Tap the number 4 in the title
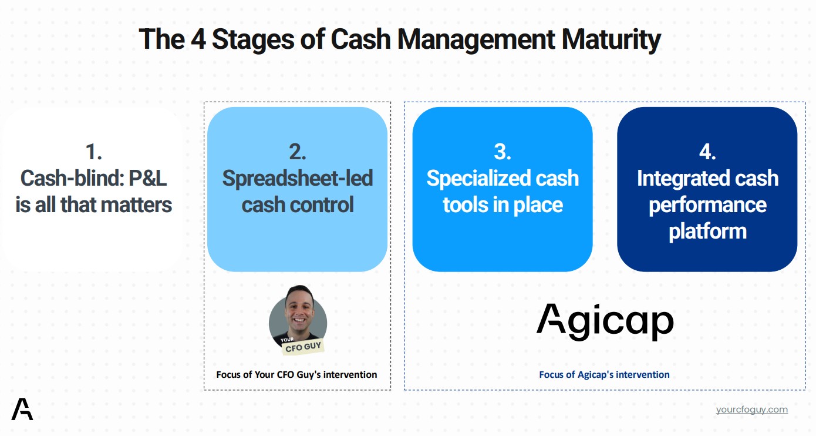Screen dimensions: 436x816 197,39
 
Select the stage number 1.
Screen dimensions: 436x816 93,152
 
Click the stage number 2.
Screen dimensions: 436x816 297,152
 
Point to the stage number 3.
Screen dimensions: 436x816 502,152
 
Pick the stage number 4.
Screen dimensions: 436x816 707,152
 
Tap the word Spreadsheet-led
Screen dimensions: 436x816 297,178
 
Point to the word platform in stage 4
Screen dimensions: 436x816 707,231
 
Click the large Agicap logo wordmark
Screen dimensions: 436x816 605,321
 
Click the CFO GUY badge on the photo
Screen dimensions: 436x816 302,347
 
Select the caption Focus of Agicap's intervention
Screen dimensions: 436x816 604,374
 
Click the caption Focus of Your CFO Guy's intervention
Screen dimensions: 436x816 296,374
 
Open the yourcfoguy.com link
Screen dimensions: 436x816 751,410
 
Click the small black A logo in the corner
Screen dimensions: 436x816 22,409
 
